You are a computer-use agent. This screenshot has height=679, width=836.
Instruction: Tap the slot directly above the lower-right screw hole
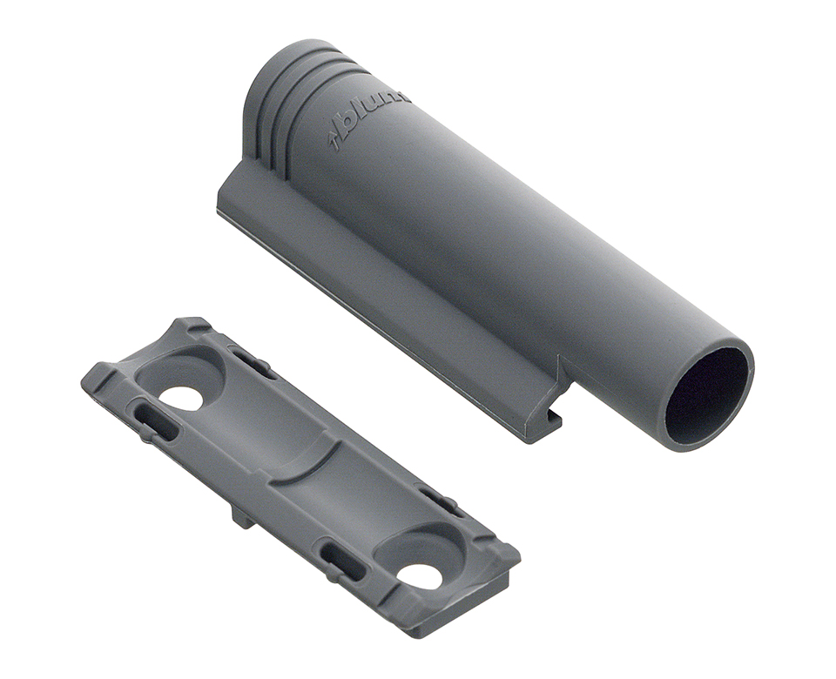pos(441,501)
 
